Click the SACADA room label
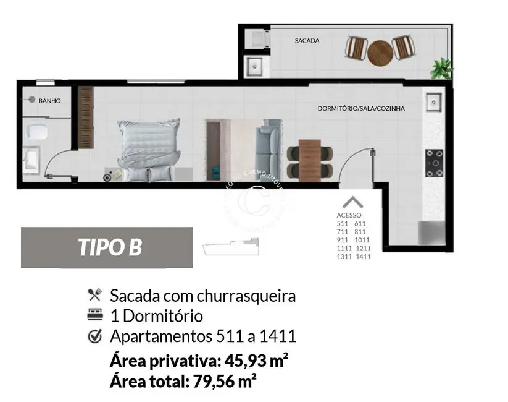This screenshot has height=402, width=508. click(307, 41)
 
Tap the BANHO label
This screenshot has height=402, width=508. click(49, 100)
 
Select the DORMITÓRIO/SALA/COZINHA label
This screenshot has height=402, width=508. click(360, 108)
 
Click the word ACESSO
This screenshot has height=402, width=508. click(351, 215)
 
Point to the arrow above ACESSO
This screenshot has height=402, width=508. click(352, 202)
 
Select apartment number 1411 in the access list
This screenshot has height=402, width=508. click(362, 257)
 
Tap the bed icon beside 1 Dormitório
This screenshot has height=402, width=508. click(94, 315)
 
